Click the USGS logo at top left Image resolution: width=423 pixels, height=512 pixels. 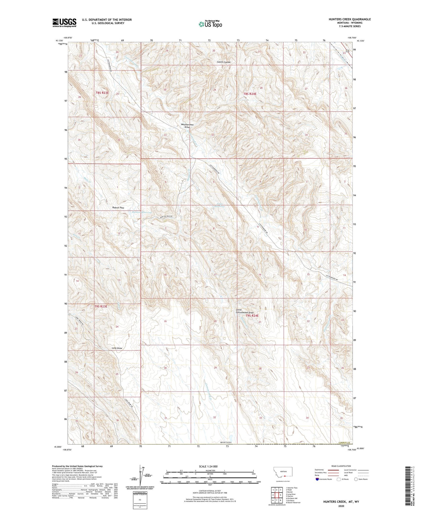pyautogui.click(x=64, y=23)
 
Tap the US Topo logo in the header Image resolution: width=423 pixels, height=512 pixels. pyautogui.click(x=210, y=24)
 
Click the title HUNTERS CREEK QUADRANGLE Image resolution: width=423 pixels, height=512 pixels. pyautogui.click(x=349, y=19)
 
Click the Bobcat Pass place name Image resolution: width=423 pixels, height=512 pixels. pyautogui.click(x=118, y=208)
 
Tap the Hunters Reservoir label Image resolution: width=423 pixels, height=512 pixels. pyautogui.click(x=142, y=212)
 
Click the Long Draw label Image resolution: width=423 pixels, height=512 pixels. pyautogui.click(x=117, y=348)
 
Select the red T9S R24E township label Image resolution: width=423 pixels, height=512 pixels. pyautogui.click(x=252, y=316)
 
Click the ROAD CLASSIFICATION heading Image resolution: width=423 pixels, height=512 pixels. pyautogui.click(x=341, y=466)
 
